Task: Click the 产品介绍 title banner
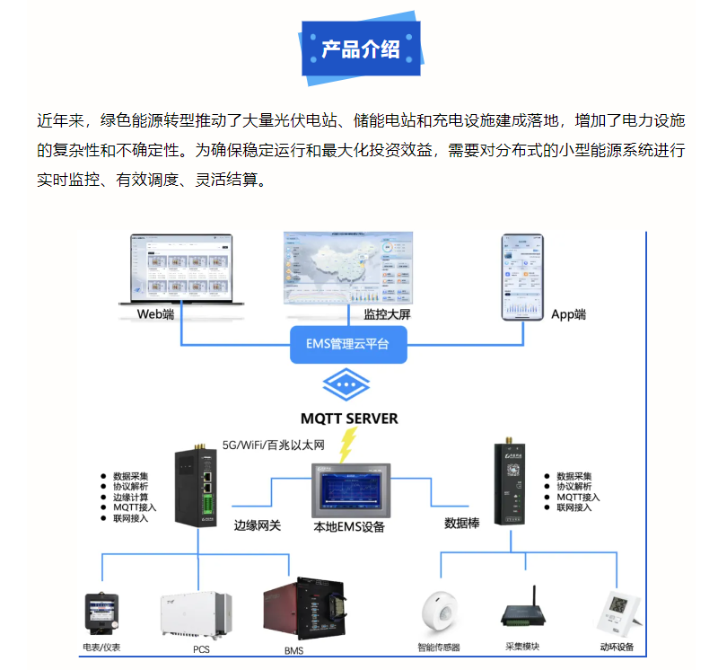coord(360,49)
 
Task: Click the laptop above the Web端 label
coord(176,269)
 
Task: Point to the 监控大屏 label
coord(388,314)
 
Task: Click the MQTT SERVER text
coord(349,419)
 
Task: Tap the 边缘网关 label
coord(258,525)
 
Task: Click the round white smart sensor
coord(439,614)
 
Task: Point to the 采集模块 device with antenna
coord(524,612)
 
